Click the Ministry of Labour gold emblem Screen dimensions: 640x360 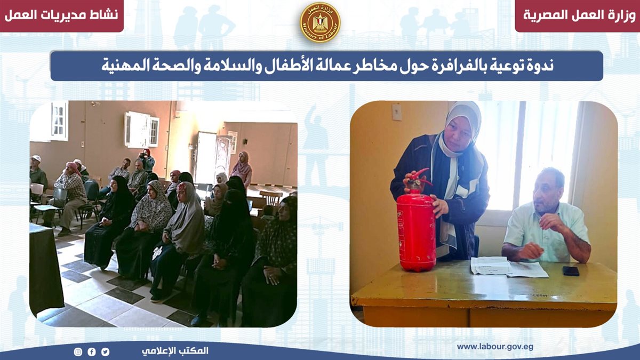(320, 22)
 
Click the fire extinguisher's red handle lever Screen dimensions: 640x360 (421, 175)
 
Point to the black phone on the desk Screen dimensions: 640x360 (571, 271)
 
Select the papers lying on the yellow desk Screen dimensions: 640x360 (509, 267)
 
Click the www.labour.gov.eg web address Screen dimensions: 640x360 (495, 347)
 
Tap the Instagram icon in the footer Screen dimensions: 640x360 (78, 351)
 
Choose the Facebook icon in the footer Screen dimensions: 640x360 (92, 351)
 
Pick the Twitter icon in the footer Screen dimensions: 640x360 (105, 351)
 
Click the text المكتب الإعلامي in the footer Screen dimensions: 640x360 (175, 351)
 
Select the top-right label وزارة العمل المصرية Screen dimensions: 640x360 (579, 15)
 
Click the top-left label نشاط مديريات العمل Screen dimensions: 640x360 (61, 15)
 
